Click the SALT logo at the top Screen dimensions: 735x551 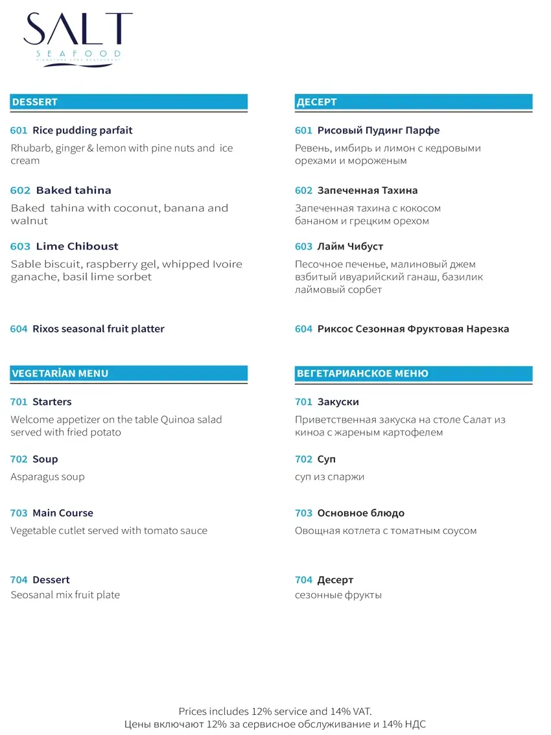click(x=78, y=36)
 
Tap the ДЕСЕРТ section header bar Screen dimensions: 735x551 click(x=413, y=102)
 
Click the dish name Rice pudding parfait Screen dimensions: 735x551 click(x=82, y=130)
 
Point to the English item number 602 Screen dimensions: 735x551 click(x=20, y=191)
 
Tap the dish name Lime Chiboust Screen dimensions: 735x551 click(x=77, y=246)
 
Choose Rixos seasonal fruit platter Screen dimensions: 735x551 click(x=99, y=329)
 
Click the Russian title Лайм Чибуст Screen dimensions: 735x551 click(x=350, y=246)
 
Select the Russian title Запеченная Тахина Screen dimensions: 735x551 click(x=367, y=191)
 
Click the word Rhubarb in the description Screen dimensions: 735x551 click(x=31, y=148)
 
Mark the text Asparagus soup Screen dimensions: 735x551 click(x=47, y=477)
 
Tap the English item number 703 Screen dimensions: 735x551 click(x=19, y=513)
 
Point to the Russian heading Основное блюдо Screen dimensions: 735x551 click(x=360, y=513)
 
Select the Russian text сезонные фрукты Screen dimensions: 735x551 click(x=338, y=595)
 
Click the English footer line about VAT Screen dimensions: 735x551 click(x=275, y=712)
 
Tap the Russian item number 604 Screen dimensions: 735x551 click(x=303, y=329)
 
